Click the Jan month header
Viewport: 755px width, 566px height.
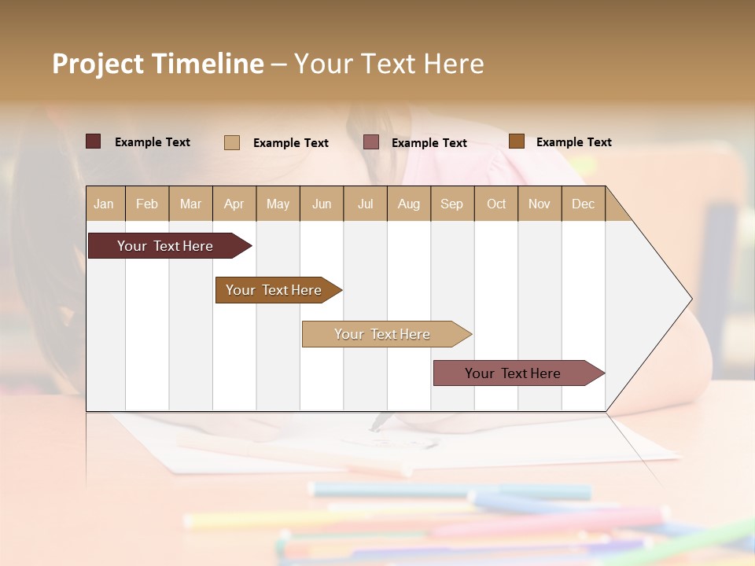click(104, 204)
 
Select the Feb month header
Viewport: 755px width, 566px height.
click(147, 204)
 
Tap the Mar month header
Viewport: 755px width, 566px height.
click(190, 204)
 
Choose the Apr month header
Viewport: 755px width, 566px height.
click(234, 204)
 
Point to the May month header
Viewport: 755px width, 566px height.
click(278, 204)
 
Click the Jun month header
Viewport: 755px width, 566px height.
click(322, 204)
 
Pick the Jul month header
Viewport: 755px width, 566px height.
click(365, 204)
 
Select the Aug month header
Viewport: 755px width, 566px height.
click(409, 204)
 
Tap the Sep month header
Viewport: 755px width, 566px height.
click(452, 204)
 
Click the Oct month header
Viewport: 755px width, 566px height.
click(496, 204)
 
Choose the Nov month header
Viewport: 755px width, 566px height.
click(540, 204)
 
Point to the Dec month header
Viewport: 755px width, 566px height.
click(584, 204)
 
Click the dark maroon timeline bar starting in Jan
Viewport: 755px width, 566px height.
click(165, 246)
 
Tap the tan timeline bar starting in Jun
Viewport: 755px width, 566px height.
click(382, 334)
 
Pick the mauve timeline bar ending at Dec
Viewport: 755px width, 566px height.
click(513, 373)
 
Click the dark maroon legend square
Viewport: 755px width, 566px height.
click(93, 141)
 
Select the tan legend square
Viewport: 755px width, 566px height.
click(232, 142)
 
